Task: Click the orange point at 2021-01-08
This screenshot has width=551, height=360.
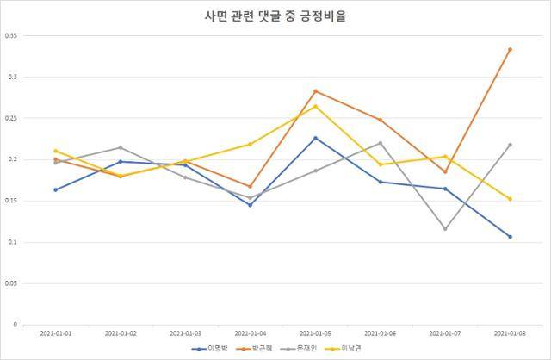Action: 510,49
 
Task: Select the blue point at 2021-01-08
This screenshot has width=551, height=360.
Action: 510,236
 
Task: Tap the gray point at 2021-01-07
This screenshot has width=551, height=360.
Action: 445,228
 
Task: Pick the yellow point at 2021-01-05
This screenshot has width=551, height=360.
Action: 315,106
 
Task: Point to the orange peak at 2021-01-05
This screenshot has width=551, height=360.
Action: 315,91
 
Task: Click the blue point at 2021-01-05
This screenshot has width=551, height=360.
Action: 315,138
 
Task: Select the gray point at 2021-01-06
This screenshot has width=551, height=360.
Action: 380,143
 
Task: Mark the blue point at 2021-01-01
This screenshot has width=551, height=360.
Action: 55,189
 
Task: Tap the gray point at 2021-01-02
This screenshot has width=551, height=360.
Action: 120,147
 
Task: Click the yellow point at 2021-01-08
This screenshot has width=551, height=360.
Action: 510,199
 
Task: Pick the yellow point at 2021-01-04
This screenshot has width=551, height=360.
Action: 250,144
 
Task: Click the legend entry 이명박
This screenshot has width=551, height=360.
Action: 214,349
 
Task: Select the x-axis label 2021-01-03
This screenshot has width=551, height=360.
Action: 185,332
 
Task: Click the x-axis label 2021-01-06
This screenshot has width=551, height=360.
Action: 380,332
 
